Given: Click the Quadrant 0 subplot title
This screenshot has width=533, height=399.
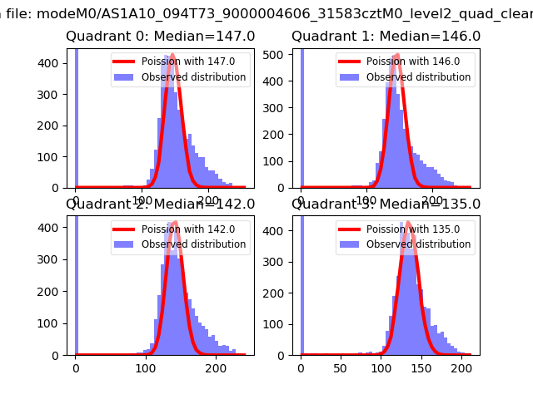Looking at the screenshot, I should click(x=161, y=37).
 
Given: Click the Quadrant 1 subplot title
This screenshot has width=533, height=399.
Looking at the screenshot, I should click(x=386, y=37).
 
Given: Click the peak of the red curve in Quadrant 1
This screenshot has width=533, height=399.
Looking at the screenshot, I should click(x=396, y=55).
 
